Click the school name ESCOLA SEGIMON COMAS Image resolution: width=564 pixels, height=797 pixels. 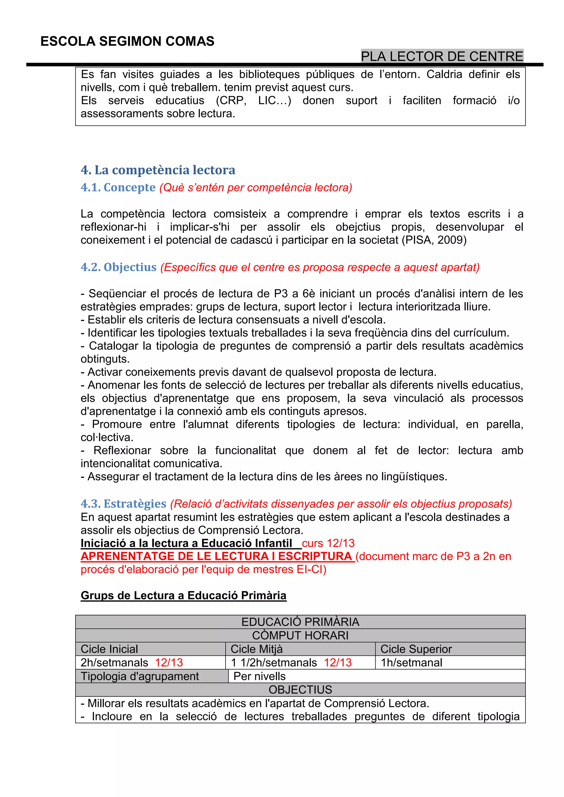point(127,41)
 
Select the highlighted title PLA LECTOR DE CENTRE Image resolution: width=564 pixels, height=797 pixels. point(442,56)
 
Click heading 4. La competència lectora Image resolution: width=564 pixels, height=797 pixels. point(158,170)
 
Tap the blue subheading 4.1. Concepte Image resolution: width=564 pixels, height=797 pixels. point(118,187)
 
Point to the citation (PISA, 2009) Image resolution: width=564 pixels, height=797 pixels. point(434,240)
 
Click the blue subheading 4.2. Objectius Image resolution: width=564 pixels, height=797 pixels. point(119,267)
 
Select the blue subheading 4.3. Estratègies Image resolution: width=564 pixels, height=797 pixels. point(124,504)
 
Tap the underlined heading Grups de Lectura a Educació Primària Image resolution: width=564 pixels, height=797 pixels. point(183,596)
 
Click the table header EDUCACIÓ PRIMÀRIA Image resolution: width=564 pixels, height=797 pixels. point(300,622)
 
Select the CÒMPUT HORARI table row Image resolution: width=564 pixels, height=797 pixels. point(300,635)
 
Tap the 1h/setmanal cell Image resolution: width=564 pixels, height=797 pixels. point(411,663)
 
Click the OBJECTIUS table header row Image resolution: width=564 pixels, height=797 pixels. point(300,690)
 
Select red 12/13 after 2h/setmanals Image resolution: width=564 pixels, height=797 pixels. point(169,663)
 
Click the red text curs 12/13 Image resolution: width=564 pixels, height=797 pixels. point(328,543)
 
